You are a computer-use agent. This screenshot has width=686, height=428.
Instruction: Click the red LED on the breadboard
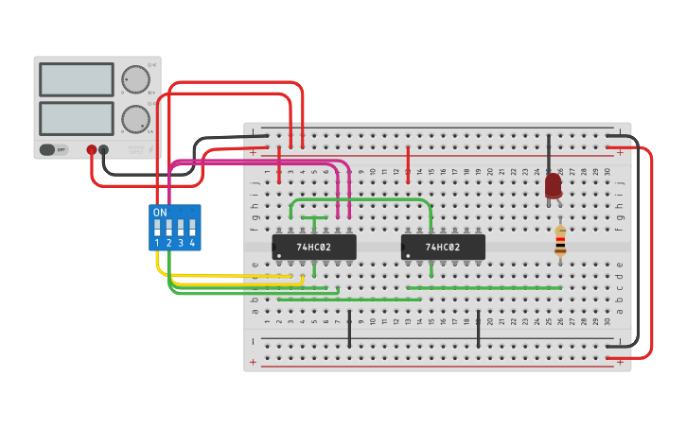tap(554, 185)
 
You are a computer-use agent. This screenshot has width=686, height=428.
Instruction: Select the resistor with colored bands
tap(560, 243)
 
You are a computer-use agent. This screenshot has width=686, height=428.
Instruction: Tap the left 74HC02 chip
tap(314, 248)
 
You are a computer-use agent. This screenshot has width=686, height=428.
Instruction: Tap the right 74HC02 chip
tap(443, 248)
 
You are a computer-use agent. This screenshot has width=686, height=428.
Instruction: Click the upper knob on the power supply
tap(135, 79)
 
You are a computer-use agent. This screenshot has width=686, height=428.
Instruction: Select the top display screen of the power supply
tap(77, 79)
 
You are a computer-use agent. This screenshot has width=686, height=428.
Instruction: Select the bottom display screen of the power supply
tap(77, 118)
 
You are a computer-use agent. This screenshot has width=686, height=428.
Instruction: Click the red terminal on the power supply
tap(92, 149)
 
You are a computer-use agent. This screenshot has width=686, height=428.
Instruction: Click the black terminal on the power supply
tap(104, 149)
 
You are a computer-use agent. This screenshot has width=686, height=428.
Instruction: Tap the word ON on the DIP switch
tap(160, 213)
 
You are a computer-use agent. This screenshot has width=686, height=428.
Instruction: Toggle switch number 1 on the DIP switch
tap(158, 228)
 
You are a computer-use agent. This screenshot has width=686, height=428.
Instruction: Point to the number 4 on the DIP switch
tap(192, 244)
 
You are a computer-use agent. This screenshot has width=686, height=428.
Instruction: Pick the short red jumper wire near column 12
tap(408, 164)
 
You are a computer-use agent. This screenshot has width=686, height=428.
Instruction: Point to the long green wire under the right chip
tap(483, 288)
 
